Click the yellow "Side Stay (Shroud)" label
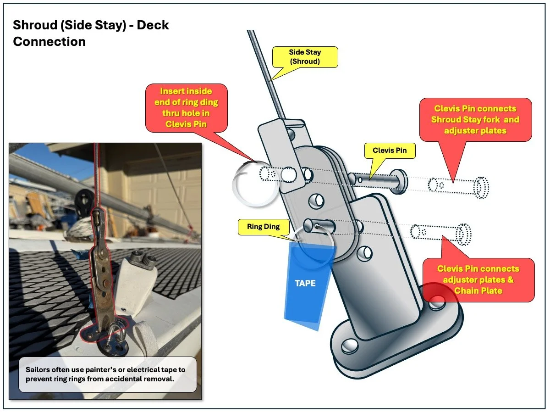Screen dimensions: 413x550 (305, 56)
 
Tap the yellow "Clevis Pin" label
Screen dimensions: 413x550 (390, 151)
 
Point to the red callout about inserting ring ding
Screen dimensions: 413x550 (186, 108)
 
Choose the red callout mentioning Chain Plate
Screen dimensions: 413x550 (478, 279)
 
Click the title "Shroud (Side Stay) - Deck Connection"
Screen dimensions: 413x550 (91, 33)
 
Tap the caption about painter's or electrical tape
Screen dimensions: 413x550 (108, 374)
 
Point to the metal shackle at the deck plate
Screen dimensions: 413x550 (115, 333)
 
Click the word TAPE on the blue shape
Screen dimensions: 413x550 (305, 283)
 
